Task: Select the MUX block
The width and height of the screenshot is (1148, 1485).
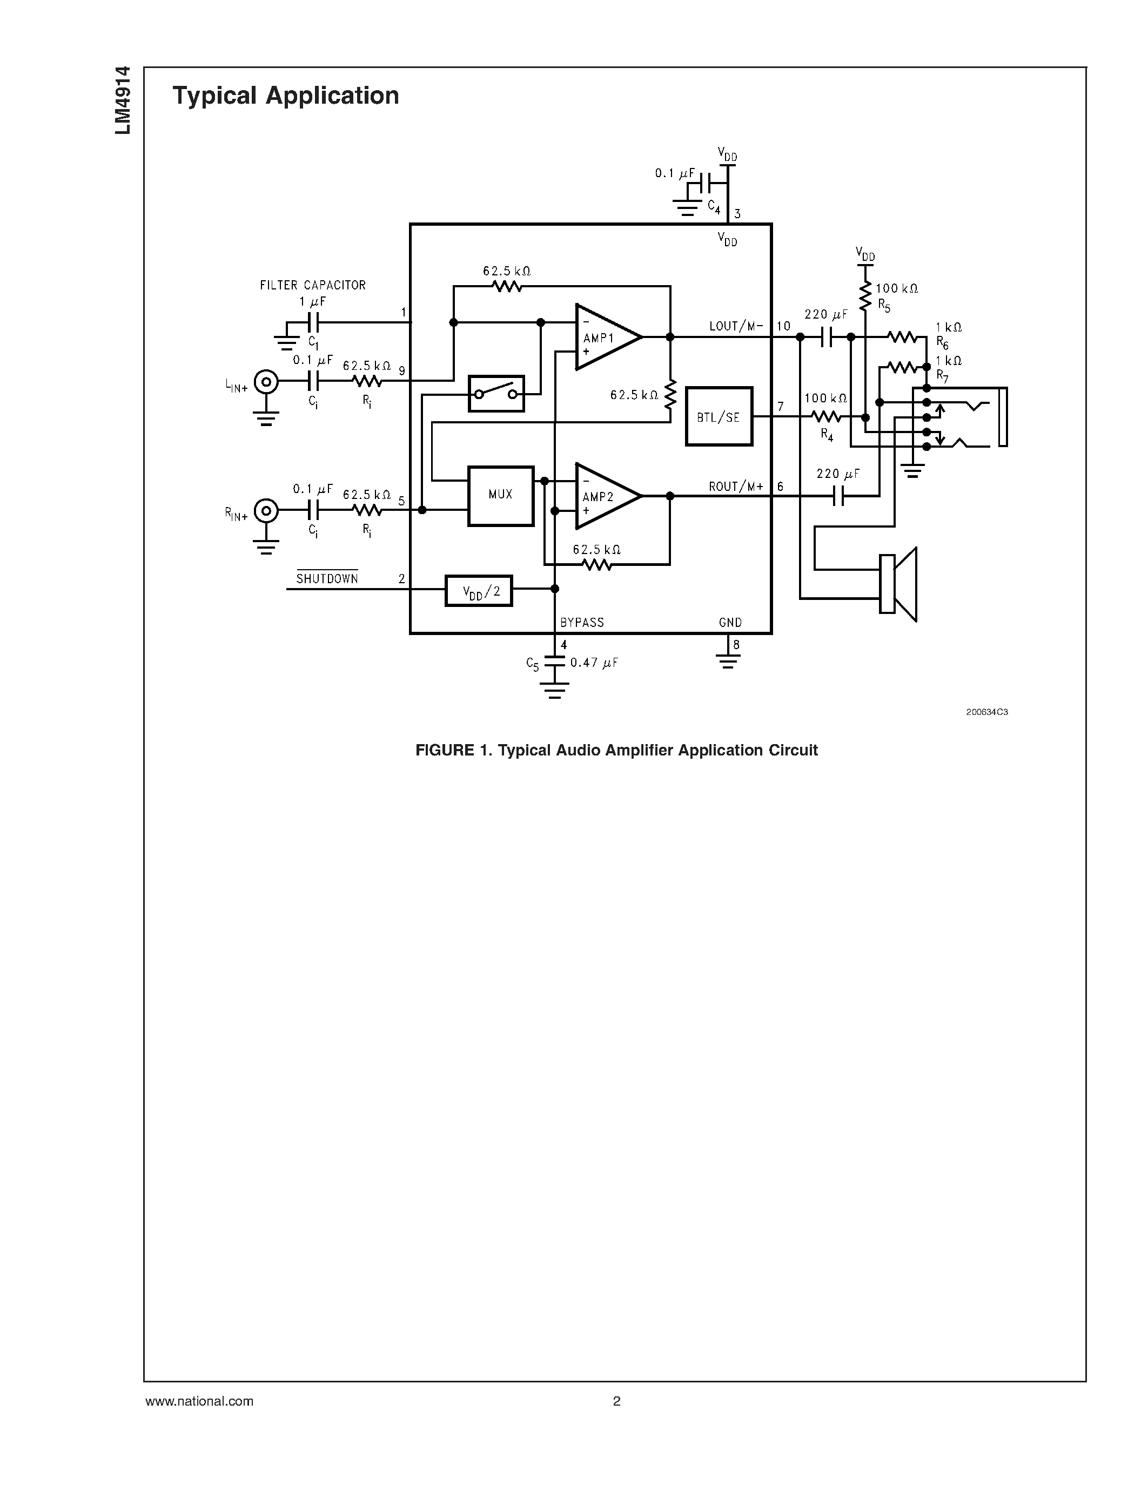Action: pos(501,496)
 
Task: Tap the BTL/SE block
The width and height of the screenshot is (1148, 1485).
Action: pos(719,417)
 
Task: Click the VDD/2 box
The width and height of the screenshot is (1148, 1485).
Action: pos(479,591)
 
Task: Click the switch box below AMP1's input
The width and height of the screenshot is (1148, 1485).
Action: pos(496,394)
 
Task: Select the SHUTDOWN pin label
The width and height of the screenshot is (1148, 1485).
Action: pos(327,579)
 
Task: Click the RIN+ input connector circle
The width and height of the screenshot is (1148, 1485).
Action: pos(266,510)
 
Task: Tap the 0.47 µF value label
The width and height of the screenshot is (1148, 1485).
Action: pos(594,662)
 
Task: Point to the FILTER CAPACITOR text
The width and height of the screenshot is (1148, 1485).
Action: pos(313,286)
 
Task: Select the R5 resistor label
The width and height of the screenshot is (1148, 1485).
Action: pos(883,305)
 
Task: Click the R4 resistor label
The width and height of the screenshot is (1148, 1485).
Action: pos(827,435)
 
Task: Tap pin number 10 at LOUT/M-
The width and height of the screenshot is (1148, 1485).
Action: pos(783,326)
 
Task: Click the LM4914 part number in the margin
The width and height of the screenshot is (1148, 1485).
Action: pos(123,100)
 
